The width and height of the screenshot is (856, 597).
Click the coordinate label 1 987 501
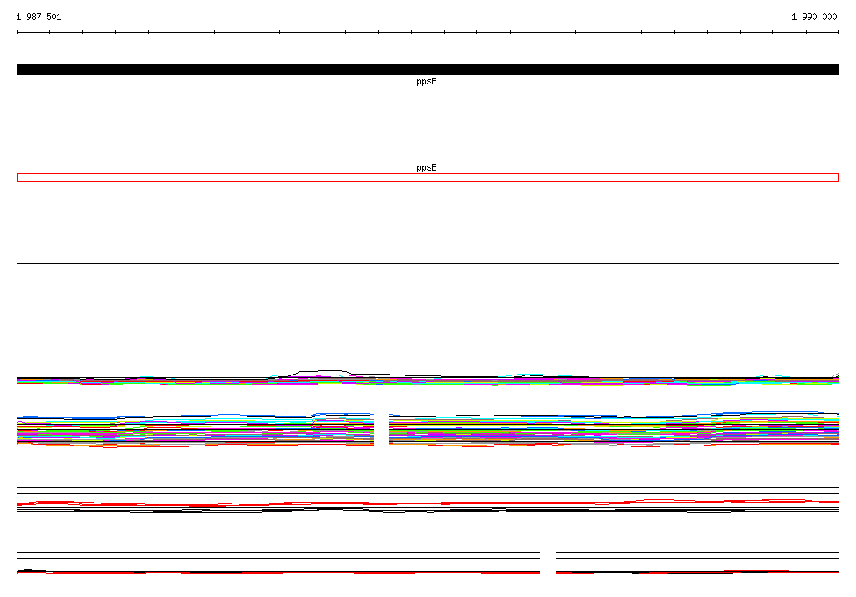pyautogui.click(x=38, y=17)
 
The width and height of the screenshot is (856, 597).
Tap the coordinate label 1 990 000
pyautogui.click(x=814, y=17)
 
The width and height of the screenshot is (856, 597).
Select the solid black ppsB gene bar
pyautogui.click(x=428, y=69)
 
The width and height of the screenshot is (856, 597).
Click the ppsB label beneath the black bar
pyautogui.click(x=426, y=81)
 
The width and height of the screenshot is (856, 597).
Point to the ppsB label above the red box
pyautogui.click(x=426, y=167)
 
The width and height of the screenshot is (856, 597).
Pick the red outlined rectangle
pyautogui.click(x=428, y=174)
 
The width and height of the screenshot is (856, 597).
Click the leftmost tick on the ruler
pyautogui.click(x=18, y=33)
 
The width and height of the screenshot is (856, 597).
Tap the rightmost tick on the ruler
pyautogui.click(x=838, y=33)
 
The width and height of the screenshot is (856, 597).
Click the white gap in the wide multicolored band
pyautogui.click(x=381, y=430)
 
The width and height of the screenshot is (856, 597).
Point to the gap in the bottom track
pyautogui.click(x=548, y=563)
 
